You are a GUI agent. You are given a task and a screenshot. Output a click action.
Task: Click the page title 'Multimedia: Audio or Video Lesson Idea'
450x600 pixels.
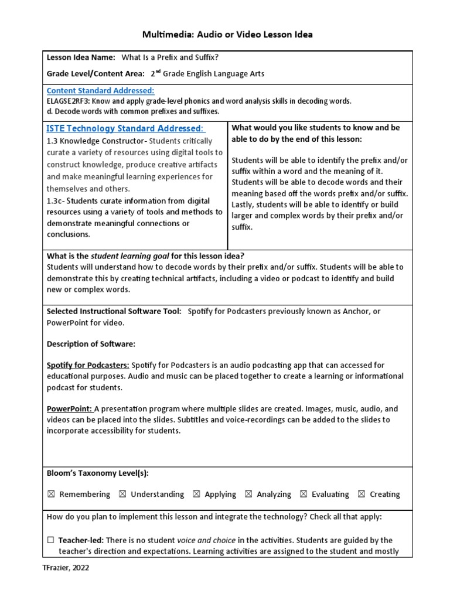coord(227,35)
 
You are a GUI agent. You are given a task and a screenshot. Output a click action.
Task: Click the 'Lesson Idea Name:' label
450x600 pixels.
coord(81,57)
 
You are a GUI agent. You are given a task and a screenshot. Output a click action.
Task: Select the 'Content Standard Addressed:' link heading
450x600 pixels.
coord(100,90)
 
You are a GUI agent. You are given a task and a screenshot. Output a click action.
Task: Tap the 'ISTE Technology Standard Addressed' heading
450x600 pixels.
coord(125,128)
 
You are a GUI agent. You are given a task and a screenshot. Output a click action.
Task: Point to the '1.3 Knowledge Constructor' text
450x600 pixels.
coord(96,141)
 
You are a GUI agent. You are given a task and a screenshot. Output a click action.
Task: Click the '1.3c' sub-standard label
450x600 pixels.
coord(57,200)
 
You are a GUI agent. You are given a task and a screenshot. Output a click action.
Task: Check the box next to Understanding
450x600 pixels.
coord(122,495)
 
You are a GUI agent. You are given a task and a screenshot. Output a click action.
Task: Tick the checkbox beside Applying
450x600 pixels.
coord(196,495)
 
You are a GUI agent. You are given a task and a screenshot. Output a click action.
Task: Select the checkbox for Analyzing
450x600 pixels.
coord(248,495)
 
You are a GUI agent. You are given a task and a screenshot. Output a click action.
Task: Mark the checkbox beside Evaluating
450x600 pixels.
coord(304,495)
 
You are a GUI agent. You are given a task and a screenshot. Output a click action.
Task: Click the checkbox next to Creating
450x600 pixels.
coord(362,495)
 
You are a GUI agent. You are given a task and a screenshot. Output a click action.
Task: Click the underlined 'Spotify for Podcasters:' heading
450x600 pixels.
coord(88,365)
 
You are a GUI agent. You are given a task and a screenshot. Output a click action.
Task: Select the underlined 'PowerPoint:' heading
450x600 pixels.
coord(69,409)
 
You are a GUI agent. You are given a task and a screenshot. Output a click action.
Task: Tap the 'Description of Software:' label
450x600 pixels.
coord(91,344)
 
